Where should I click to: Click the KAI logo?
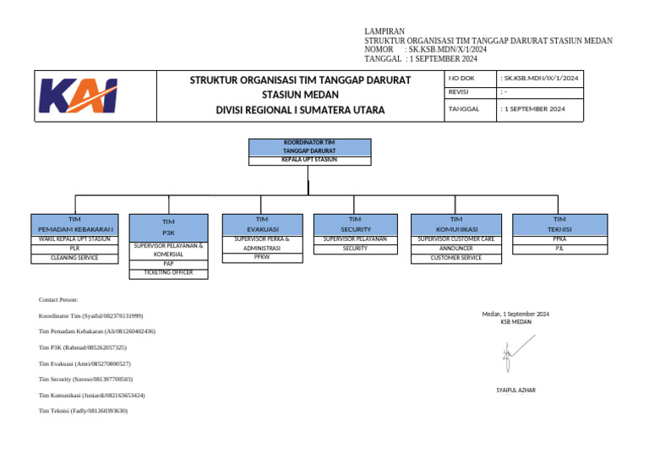(x=79, y=96)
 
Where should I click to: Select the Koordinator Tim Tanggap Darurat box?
(x=309, y=146)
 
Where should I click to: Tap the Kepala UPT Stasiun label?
(x=309, y=159)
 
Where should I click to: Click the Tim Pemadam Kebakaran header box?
(x=75, y=224)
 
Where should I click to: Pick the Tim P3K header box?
(x=168, y=227)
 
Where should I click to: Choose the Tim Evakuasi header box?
(x=262, y=224)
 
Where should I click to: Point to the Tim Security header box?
(x=355, y=224)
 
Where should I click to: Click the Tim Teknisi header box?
(x=559, y=224)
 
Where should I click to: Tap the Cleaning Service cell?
(x=75, y=258)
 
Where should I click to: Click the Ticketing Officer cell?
(x=168, y=273)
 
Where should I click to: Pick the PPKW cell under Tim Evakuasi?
(x=262, y=258)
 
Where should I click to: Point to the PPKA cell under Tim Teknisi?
(x=559, y=239)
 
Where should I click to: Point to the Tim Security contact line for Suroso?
(x=85, y=380)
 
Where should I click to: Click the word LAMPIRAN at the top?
(x=384, y=31)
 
